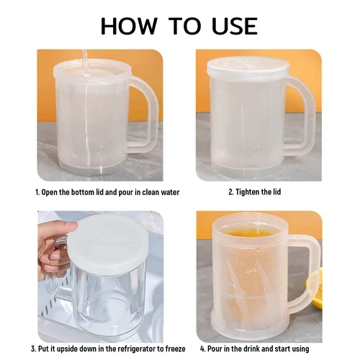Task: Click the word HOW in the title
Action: click(x=129, y=26)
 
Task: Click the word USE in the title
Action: click(x=235, y=26)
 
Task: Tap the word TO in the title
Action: click(x=184, y=26)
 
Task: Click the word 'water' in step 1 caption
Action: click(x=170, y=192)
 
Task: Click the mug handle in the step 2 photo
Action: click(x=303, y=115)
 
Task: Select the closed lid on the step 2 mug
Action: click(x=247, y=67)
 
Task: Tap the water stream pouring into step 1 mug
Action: click(x=84, y=63)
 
